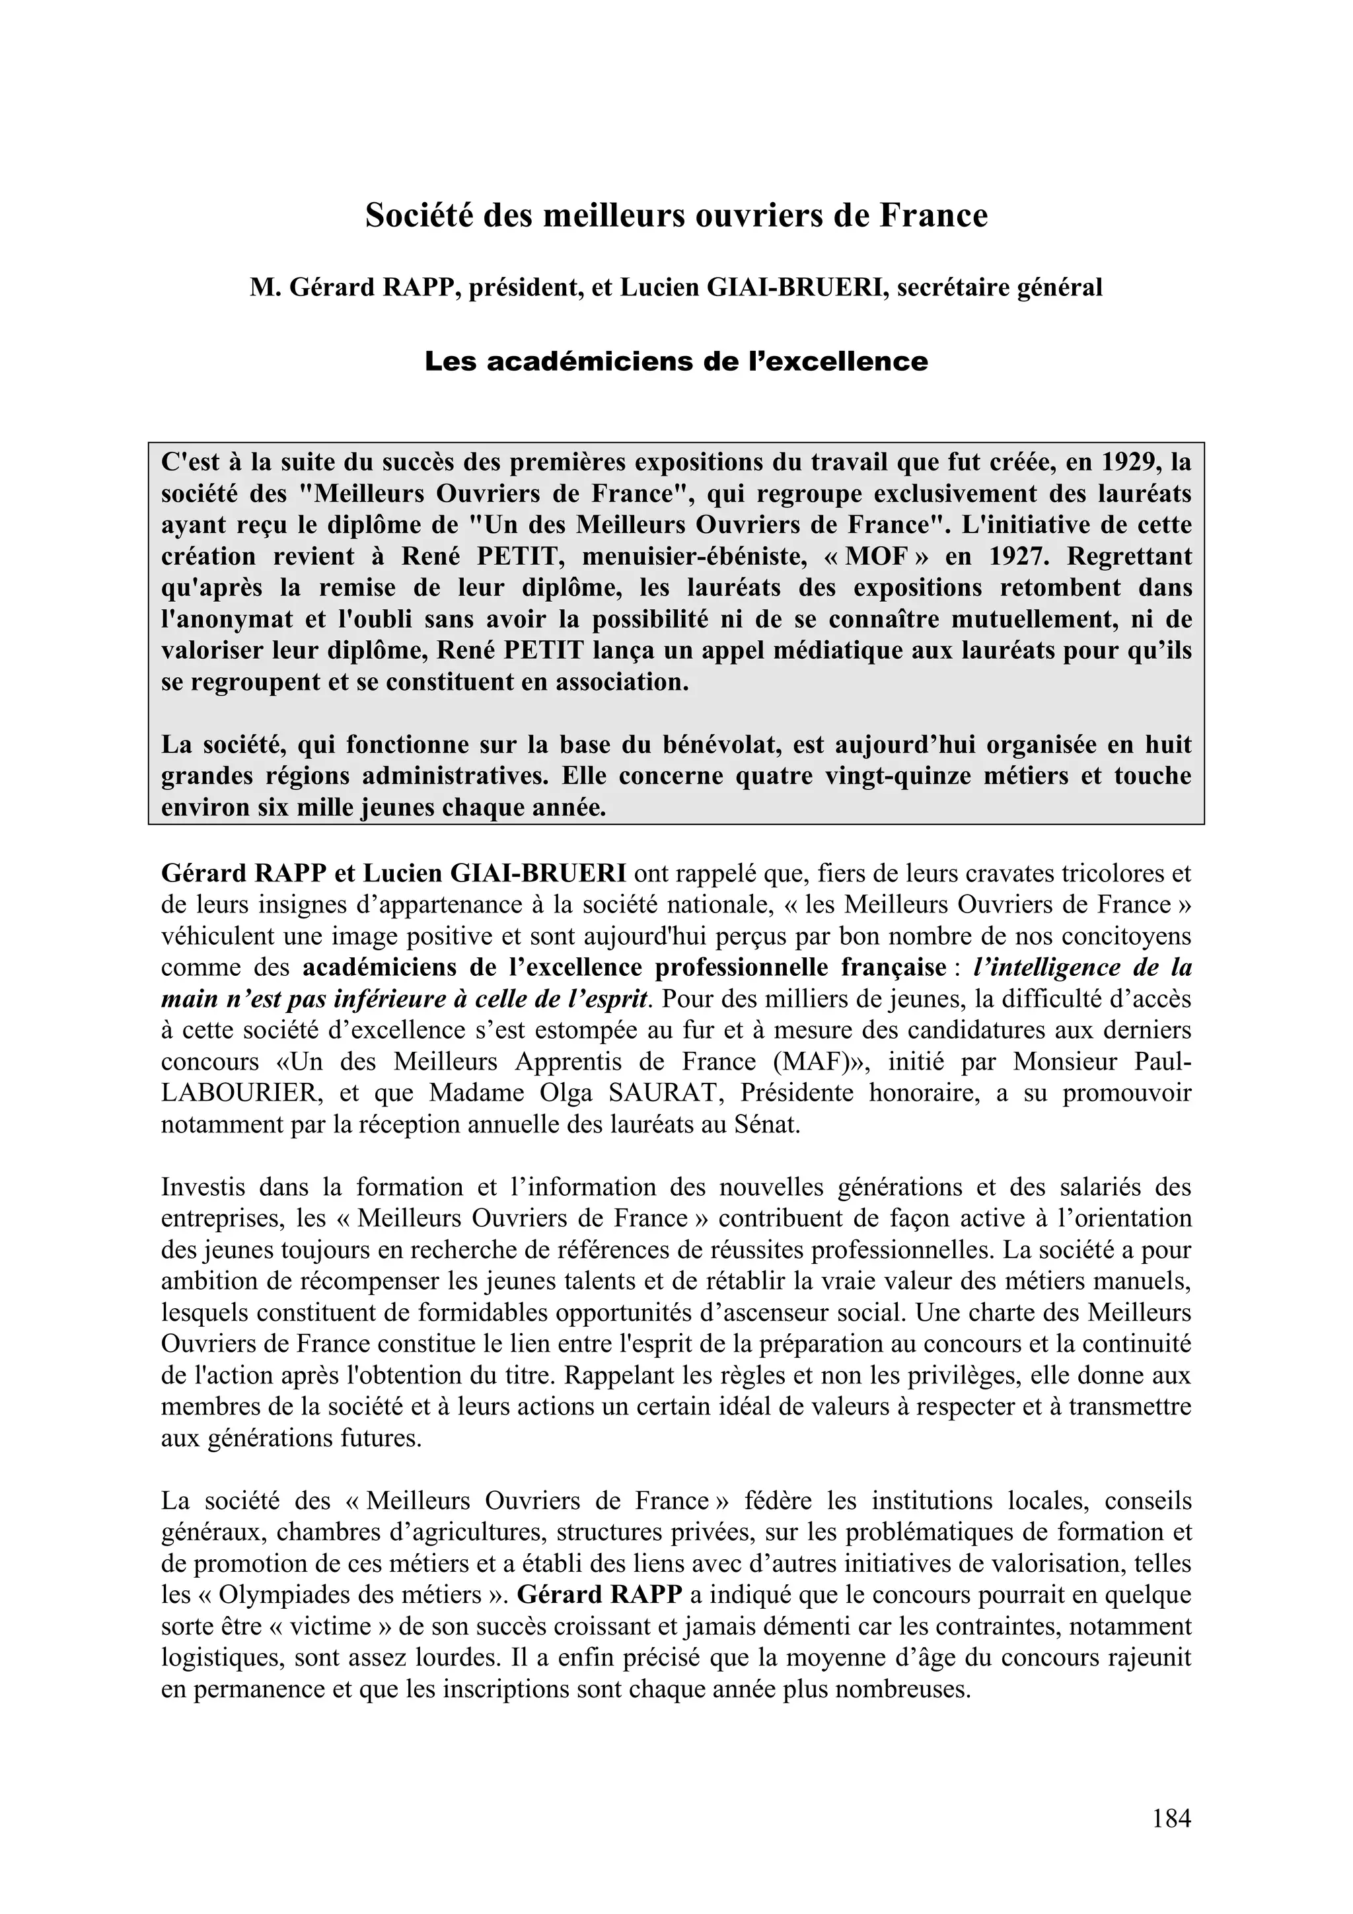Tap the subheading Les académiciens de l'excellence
(x=676, y=362)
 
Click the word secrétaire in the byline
(x=956, y=287)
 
